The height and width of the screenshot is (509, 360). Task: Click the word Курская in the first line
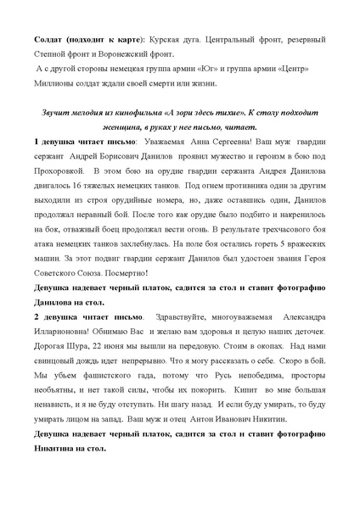point(165,40)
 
